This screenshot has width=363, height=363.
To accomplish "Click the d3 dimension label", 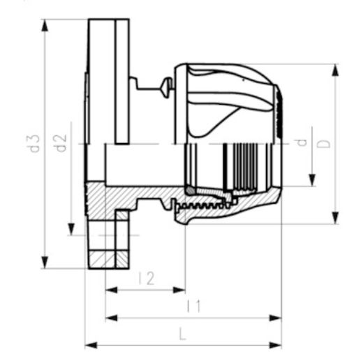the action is pos(35,144).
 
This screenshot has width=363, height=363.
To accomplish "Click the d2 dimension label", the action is pos(61,143).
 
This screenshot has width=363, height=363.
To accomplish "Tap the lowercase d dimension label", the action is pos(302,142).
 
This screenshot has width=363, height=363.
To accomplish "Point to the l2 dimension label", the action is pos(147,278).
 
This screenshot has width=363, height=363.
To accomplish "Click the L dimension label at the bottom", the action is pos(183,334).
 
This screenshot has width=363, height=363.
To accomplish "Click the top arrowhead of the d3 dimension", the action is pos(45,25).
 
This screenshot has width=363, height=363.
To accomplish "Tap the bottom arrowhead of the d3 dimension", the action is pos(45,262).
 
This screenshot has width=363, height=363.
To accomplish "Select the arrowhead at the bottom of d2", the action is pos(71,229).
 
